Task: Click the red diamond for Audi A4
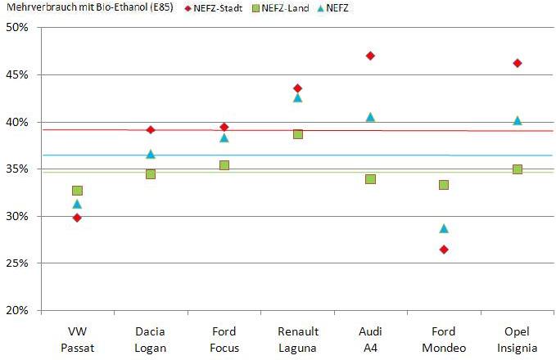[x=370, y=56]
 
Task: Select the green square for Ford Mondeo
[x=444, y=185]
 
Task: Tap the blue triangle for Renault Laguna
[x=297, y=97]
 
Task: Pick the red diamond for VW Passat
[x=77, y=218]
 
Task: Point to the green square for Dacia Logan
[x=151, y=174]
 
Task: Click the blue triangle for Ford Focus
[x=224, y=137]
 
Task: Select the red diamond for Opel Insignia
[x=518, y=63]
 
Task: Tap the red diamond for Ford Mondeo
[x=444, y=250]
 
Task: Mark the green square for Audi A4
[x=370, y=179]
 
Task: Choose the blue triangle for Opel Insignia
[x=518, y=120]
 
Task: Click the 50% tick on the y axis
[x=17, y=27]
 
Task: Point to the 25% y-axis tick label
[x=17, y=263]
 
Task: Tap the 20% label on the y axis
[x=17, y=311]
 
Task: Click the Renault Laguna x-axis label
[x=297, y=340]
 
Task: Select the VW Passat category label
[x=77, y=340]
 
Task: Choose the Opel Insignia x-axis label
[x=518, y=340]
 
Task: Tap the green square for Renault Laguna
[x=297, y=134]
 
